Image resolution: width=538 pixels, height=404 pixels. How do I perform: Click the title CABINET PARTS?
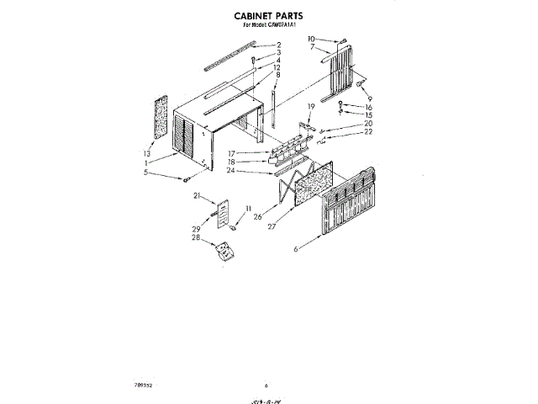(268, 15)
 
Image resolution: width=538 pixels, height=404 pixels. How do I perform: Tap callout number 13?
(147, 155)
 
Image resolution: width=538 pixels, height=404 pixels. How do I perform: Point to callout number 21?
(198, 196)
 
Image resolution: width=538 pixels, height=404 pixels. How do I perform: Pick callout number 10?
(311, 39)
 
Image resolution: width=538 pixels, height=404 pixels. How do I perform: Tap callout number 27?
(272, 226)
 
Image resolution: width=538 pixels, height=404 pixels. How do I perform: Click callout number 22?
(368, 132)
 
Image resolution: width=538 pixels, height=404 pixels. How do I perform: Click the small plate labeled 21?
(224, 213)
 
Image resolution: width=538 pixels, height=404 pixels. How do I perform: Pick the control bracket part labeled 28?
(223, 250)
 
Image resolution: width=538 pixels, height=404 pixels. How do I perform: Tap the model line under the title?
(268, 24)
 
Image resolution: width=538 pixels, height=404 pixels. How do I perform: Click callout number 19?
(310, 106)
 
